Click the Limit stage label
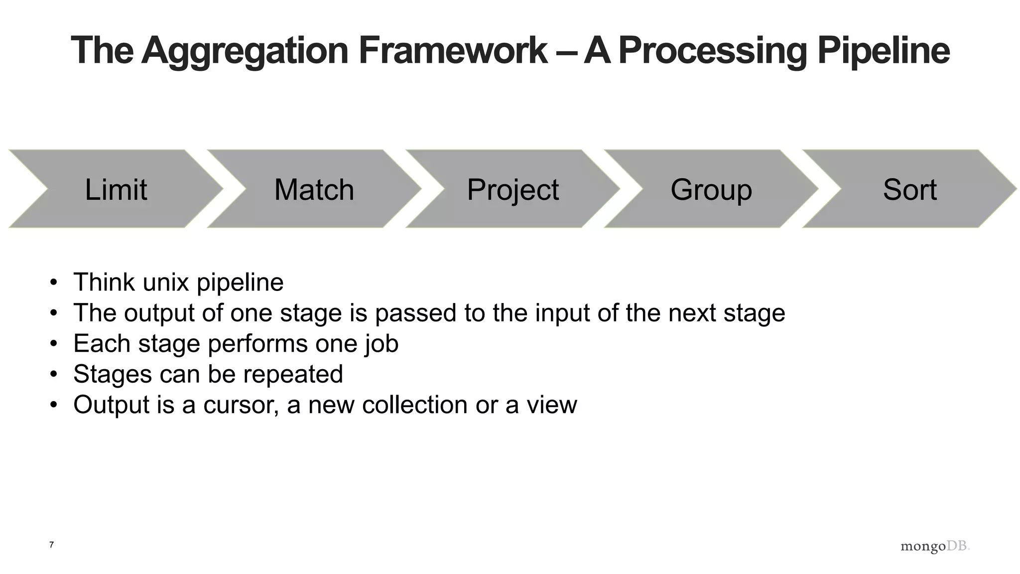116,190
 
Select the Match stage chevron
314,189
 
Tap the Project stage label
512,190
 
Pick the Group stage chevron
711,189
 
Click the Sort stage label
909,190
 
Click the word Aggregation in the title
245,51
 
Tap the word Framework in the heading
453,51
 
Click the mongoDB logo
935,546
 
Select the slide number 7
51,545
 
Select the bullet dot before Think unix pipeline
54,283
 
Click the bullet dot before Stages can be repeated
54,375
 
